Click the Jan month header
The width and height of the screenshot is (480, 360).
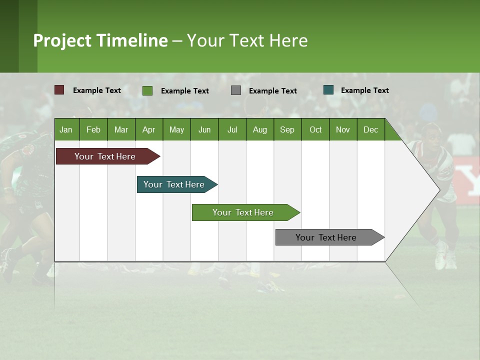(x=66, y=129)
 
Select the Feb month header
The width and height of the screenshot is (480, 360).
(x=93, y=129)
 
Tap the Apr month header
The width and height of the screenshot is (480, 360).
(x=149, y=129)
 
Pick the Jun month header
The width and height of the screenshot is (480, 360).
(x=204, y=129)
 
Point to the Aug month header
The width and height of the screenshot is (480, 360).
(x=260, y=129)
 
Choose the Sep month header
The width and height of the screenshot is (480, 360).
(x=287, y=129)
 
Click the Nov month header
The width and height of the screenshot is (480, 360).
(x=343, y=129)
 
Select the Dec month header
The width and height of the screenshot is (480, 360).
(x=371, y=129)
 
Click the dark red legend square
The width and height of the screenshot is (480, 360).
(x=59, y=90)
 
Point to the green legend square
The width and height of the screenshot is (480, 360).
(x=147, y=90)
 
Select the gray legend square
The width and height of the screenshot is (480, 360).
(x=236, y=90)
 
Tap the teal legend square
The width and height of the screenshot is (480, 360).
(x=328, y=90)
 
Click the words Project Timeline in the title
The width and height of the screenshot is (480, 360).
(x=100, y=40)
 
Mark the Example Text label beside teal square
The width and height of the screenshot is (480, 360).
(x=364, y=90)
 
